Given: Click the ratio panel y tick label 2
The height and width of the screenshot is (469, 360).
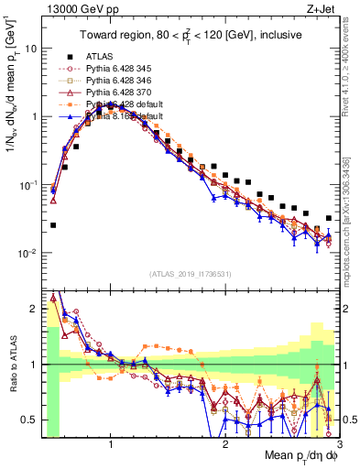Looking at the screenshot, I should pos(33,308).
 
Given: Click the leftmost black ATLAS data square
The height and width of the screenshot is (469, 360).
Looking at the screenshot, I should pos(53,224).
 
